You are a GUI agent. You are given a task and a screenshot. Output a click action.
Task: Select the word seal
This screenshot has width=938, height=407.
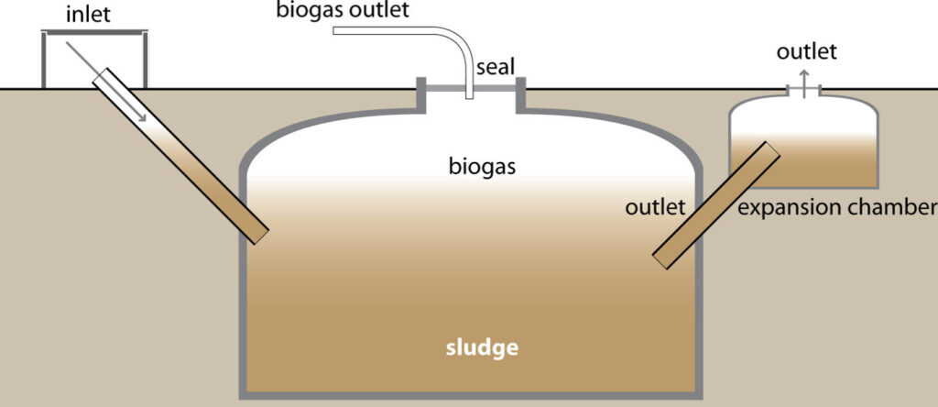[x=494, y=67]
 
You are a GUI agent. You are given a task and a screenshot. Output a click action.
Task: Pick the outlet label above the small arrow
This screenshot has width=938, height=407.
[x=806, y=52]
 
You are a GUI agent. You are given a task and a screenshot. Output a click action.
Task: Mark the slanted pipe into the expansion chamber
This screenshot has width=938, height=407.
[x=718, y=204]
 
